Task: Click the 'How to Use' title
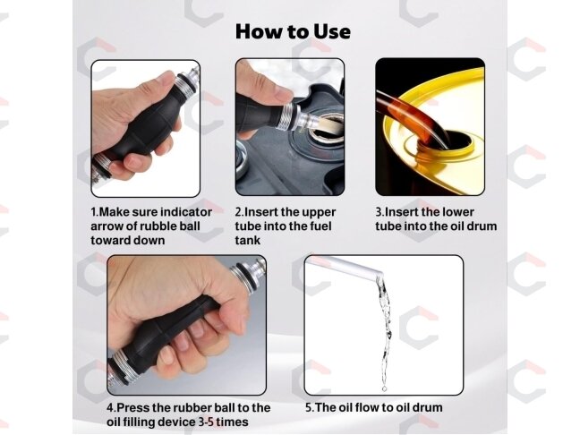coord(293,31)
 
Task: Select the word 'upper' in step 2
coord(319,213)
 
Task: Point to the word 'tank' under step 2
coord(247,241)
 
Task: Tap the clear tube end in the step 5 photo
coord(378,273)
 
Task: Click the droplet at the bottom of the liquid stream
coord(384,388)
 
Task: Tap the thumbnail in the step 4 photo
coord(239,326)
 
